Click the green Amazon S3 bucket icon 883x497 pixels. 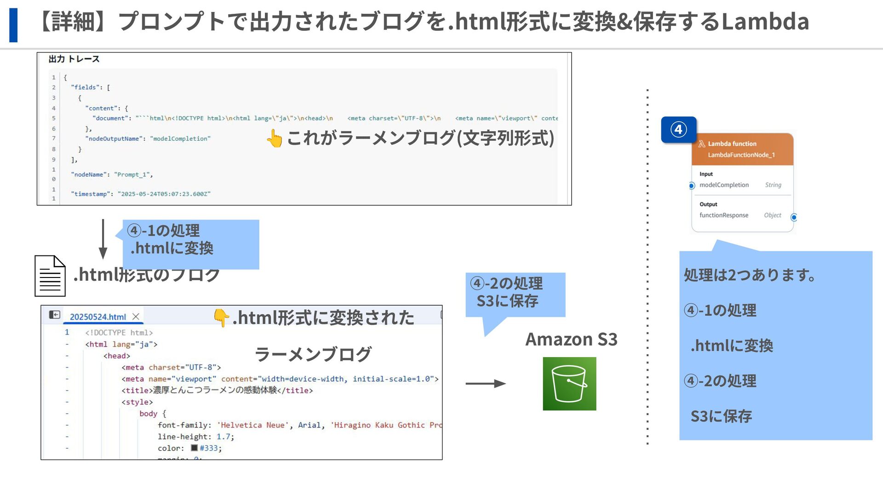coord(569,384)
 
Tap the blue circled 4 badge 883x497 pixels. coord(678,130)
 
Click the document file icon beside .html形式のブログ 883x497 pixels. coord(50,276)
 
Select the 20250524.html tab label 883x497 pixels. coord(98,317)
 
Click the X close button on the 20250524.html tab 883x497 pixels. coord(136,317)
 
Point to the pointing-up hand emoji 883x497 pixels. coord(275,138)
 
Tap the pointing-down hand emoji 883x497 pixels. coord(221,318)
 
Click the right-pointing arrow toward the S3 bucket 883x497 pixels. coord(485,383)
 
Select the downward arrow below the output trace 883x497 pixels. coord(103,239)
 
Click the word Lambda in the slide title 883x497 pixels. coord(764,21)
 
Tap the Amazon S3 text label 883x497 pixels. coord(571,339)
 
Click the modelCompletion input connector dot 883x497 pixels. coord(692,186)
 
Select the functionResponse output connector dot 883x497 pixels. coord(794,217)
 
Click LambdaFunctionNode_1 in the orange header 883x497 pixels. coord(741,155)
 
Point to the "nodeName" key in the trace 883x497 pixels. coord(89,175)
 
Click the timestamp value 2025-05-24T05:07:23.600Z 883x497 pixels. coord(164,194)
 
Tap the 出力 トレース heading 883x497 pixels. coord(74,59)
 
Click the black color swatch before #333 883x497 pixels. coord(194,448)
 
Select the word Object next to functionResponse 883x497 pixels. coord(773,215)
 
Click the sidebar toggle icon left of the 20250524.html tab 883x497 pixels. coord(55,315)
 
